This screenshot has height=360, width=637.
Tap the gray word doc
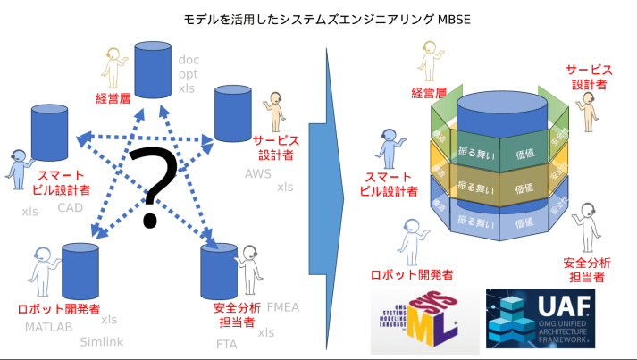pos(188,60)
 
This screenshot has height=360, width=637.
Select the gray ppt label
pos(188,74)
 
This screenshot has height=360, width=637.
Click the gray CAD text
pos(70,207)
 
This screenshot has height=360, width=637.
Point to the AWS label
pos(257,173)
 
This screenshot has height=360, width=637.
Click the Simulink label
pos(101,341)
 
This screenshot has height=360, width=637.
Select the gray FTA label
pos(226,343)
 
